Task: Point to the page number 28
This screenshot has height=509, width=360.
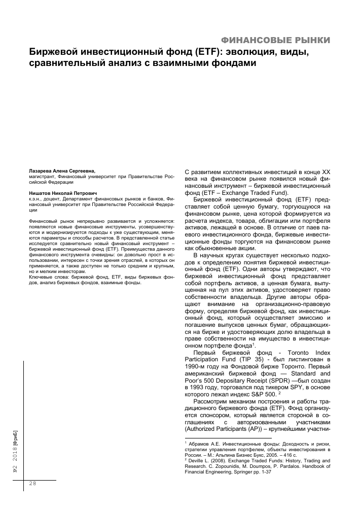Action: pyautogui.click(x=32, y=484)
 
